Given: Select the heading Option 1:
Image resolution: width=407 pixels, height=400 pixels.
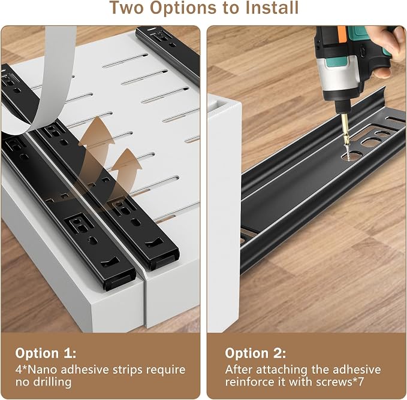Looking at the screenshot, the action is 46,353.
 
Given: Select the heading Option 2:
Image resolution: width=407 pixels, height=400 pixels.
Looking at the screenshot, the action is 255,353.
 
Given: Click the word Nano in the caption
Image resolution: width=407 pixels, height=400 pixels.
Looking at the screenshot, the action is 43,369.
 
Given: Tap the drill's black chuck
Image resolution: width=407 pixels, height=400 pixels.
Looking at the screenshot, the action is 342,107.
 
